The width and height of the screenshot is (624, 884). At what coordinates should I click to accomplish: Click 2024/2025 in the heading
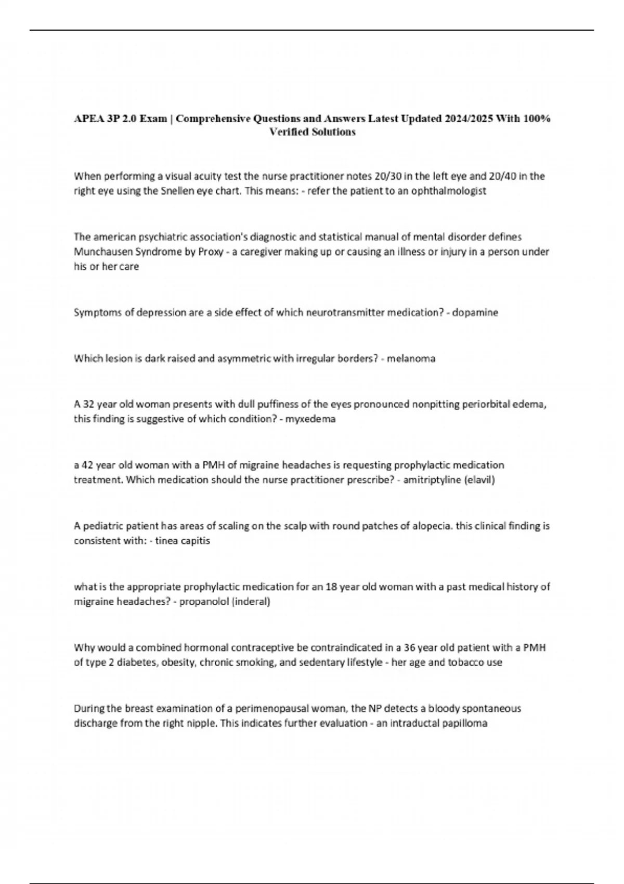pos(470,119)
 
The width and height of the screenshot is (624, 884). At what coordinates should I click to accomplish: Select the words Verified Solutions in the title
pos(312,132)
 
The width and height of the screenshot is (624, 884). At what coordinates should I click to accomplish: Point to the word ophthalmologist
pos(448,191)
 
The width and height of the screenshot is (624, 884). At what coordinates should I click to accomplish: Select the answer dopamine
pos(475,313)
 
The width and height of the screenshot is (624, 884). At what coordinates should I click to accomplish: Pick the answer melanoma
pos(411,358)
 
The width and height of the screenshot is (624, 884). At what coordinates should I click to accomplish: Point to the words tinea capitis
pos(183,541)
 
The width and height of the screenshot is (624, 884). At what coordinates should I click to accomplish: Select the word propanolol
pos(204,602)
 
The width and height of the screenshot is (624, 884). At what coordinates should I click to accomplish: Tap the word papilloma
pos(465,723)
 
